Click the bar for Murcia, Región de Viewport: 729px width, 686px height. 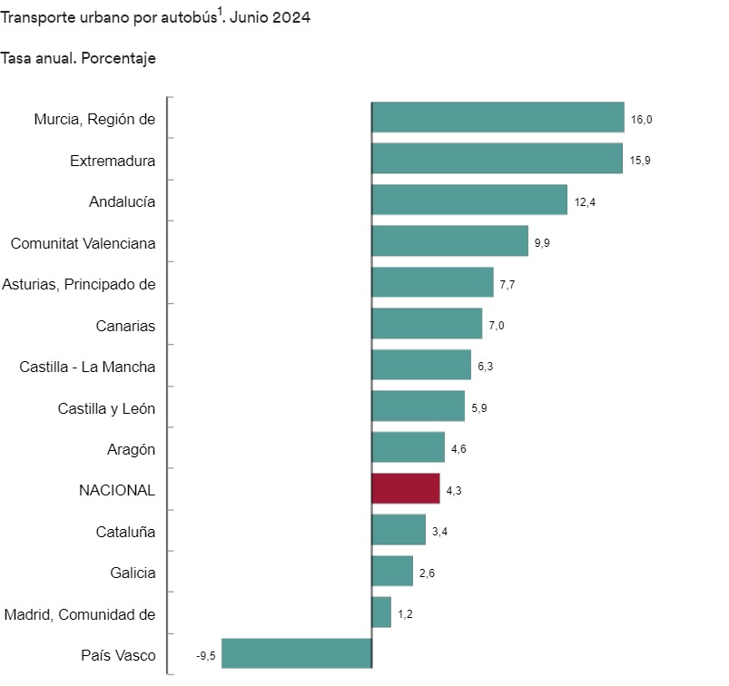pos(497,118)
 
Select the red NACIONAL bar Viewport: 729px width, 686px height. pos(406,489)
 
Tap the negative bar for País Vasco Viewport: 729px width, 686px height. pos(297,654)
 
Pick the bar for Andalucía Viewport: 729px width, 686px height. pos(469,201)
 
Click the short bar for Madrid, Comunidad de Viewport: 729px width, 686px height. pos(382,612)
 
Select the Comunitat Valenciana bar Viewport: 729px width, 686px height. pos(450,241)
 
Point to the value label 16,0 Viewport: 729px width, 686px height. pos(641,119)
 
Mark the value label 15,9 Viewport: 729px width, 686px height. pos(640,161)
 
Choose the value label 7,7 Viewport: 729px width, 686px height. pos(508,284)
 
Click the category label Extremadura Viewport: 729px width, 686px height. pos(113,161)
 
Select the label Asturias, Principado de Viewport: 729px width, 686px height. pos(79,284)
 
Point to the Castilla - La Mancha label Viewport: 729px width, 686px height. pos(87,367)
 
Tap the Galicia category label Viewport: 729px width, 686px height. pos(133,573)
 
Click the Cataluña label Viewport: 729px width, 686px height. pos(125,531)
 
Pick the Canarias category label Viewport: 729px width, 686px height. pos(125,326)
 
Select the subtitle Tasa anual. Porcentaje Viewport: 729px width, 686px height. pos(78,58)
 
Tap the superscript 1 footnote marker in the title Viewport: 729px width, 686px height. pos(220,13)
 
